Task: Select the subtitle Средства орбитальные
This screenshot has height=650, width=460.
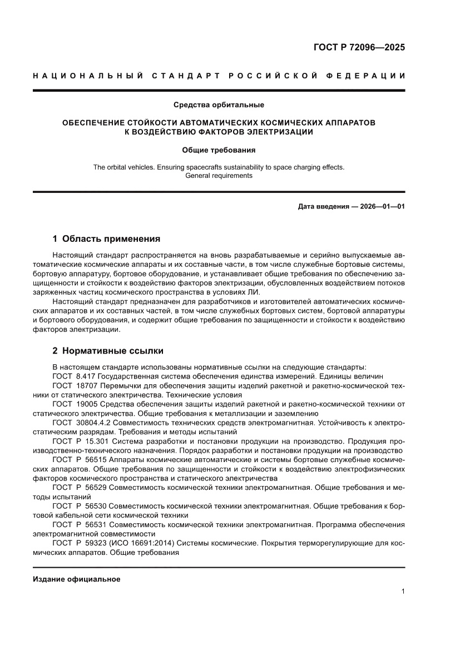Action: point(219,105)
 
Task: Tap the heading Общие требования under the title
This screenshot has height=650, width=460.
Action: point(219,150)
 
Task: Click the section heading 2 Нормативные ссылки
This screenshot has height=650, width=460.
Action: point(107,351)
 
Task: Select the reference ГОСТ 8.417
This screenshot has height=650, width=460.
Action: point(75,376)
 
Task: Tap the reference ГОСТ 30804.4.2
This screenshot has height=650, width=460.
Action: point(81,423)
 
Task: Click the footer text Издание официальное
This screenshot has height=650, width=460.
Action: point(77,579)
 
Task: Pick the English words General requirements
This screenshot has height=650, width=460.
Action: point(219,176)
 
